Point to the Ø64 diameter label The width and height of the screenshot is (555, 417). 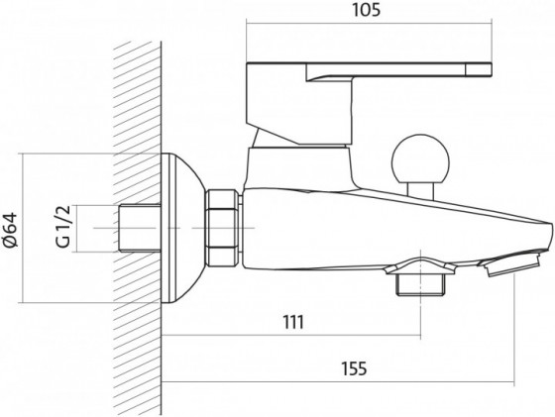click(x=11, y=228)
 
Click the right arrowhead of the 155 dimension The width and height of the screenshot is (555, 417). click(x=509, y=383)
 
